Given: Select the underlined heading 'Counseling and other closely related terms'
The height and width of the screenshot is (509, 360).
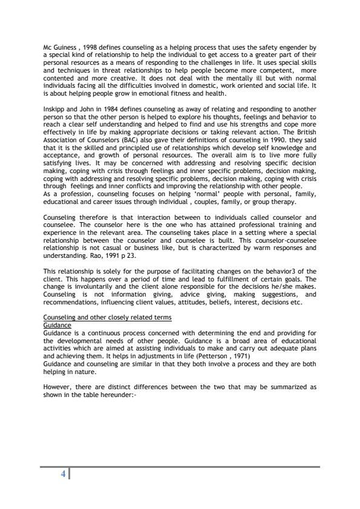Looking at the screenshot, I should pos(108,317).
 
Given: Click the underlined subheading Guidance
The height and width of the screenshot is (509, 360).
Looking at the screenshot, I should pos(57,324).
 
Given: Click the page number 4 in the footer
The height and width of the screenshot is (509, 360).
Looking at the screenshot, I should pos(63,474).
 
